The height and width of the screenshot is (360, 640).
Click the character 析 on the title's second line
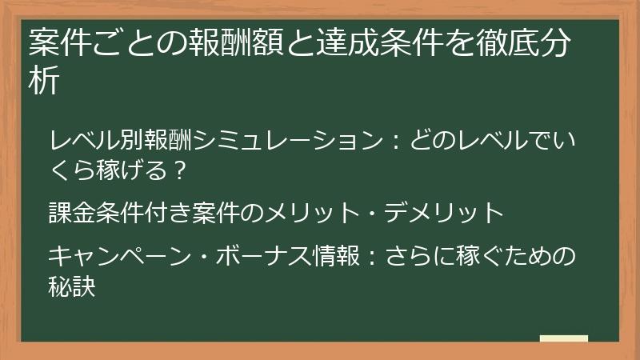(x=44, y=82)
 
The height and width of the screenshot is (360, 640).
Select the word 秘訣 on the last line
(x=73, y=286)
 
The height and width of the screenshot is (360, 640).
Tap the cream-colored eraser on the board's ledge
(x=563, y=338)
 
